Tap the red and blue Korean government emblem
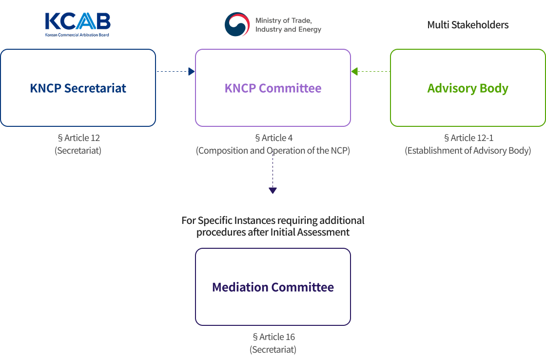237,24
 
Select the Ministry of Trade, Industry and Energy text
288,25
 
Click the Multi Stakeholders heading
468,25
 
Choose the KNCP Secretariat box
78,88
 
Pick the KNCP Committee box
273,88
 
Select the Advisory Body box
468,88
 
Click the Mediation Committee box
273,287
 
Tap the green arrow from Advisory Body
370,72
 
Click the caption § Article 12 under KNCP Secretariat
78,138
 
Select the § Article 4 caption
273,138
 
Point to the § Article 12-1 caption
468,138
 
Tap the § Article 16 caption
273,337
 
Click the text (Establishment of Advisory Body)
468,151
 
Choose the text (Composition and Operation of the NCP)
273,151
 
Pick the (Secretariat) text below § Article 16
273,350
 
